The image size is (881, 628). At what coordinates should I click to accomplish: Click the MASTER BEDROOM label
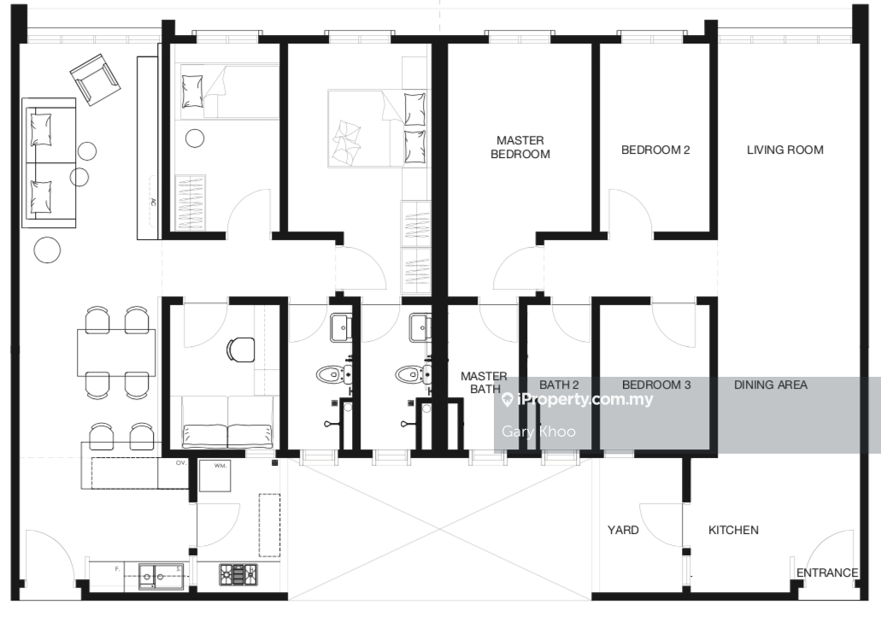click(x=520, y=147)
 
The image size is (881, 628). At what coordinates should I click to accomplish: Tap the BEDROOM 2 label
click(x=655, y=150)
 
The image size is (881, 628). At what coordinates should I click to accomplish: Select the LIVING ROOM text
click(x=785, y=150)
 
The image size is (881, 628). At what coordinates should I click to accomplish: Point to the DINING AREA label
click(x=770, y=384)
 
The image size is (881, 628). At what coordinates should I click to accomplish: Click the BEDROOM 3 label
click(x=656, y=384)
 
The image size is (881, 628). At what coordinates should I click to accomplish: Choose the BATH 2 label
click(x=559, y=384)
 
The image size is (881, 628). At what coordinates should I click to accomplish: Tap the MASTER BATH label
click(x=484, y=382)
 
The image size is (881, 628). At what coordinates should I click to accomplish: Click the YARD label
click(x=623, y=530)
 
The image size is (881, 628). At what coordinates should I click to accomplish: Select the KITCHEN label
click(x=733, y=530)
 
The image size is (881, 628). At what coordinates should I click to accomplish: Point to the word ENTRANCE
click(x=827, y=572)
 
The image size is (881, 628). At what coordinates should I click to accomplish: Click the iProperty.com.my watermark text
click(x=577, y=399)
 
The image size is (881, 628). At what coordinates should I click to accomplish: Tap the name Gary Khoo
click(x=538, y=431)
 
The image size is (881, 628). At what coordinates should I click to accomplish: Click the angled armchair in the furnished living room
click(x=96, y=79)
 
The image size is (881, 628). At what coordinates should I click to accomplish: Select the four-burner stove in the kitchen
click(x=238, y=575)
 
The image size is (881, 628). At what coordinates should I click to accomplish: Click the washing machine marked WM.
click(x=214, y=475)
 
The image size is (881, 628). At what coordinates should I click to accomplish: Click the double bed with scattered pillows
click(x=377, y=128)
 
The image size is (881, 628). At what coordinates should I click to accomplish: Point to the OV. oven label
click(x=181, y=463)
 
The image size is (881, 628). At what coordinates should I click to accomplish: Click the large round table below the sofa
click(x=47, y=250)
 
